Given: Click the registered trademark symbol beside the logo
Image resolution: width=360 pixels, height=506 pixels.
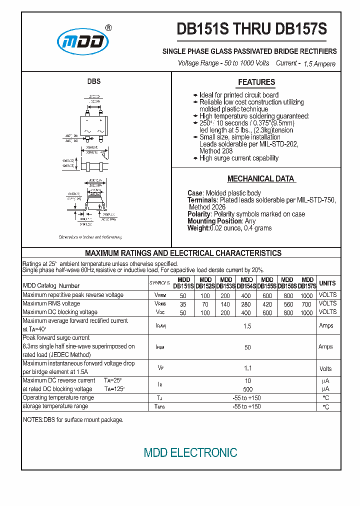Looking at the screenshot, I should pyautogui.click(x=109, y=28).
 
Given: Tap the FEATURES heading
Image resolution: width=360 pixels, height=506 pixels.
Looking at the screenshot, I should pyautogui.click(x=256, y=82).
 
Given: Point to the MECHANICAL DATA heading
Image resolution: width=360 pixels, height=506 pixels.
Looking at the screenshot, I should pyautogui.click(x=260, y=179).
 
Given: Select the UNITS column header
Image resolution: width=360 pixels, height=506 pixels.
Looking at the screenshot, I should pyautogui.click(x=327, y=283).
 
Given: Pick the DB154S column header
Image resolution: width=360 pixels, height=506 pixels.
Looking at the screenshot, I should pyautogui.click(x=246, y=283).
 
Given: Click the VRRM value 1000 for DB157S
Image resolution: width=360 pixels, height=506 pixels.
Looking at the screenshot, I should pyautogui.click(x=306, y=295).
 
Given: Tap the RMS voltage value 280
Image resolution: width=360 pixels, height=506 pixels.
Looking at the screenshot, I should pyautogui.click(x=246, y=304).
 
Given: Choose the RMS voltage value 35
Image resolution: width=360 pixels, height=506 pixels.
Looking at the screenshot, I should pyautogui.click(x=183, y=304).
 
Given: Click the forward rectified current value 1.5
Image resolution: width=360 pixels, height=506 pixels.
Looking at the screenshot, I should pyautogui.click(x=247, y=326).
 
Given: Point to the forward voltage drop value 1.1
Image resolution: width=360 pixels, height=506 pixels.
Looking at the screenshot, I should pyautogui.click(x=247, y=368).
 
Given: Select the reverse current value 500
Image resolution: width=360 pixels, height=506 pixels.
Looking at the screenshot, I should pyautogui.click(x=247, y=389).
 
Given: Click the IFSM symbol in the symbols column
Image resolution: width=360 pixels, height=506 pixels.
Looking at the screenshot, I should pyautogui.click(x=160, y=347).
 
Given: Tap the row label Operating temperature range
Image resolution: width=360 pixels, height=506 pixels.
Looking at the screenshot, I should pyautogui.click(x=58, y=398).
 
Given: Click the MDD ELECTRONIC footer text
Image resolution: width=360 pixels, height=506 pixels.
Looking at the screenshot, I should pyautogui.click(x=190, y=453).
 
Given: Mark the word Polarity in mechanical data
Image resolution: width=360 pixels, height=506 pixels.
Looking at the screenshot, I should pyautogui.click(x=199, y=214).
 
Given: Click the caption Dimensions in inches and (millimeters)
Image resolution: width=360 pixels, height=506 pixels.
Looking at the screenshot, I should pyautogui.click(x=90, y=237).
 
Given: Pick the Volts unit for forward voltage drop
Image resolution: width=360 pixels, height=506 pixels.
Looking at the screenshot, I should pyautogui.click(x=325, y=369).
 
